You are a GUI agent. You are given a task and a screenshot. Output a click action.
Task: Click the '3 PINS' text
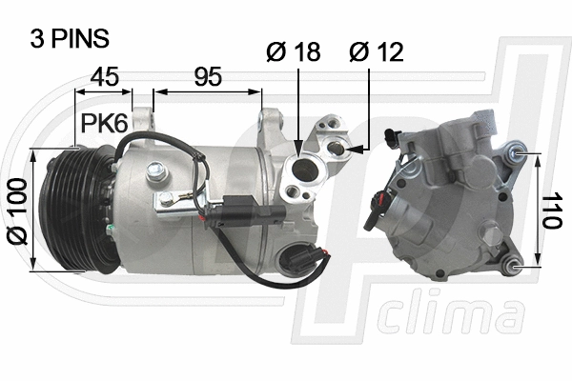click(x=71, y=38)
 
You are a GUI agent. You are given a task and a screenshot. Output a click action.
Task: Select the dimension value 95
click(x=207, y=77)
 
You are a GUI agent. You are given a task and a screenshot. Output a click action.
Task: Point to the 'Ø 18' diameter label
click(x=294, y=52)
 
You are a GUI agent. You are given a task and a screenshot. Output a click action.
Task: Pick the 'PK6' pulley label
click(x=102, y=123)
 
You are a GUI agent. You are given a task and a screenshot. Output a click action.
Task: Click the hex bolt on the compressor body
click(x=154, y=171)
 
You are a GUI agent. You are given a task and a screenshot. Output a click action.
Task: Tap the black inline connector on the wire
click(x=233, y=208)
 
